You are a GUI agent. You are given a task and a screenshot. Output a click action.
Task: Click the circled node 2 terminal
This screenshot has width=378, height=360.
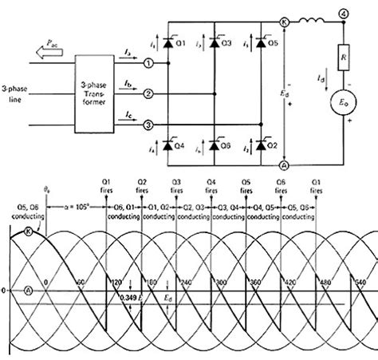pyautogui.click(x=148, y=93)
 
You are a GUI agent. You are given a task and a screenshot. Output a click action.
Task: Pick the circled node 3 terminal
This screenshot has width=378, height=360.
pyautogui.click(x=148, y=125)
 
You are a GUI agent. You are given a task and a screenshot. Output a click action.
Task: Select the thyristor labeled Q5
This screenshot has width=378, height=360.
pyautogui.click(x=263, y=42)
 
